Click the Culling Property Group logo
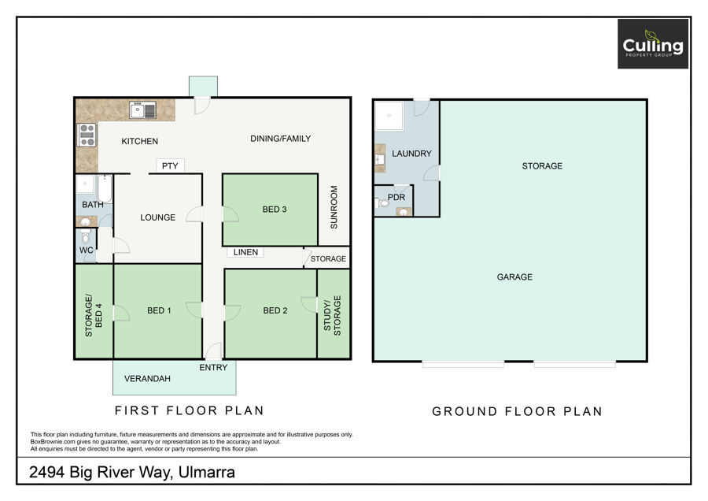653,44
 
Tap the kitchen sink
142,109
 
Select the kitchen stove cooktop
87,135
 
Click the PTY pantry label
170,166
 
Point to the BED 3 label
275,210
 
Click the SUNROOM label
334,207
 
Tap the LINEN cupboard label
245,252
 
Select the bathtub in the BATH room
105,188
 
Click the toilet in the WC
85,236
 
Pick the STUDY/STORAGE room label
332,316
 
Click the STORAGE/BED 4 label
94,316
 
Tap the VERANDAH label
147,378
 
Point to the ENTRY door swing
213,351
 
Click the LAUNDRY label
411,154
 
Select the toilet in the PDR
382,203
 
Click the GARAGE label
514,276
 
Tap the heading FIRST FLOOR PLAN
189,410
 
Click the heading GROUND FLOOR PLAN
517,411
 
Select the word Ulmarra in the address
207,472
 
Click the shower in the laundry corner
389,116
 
